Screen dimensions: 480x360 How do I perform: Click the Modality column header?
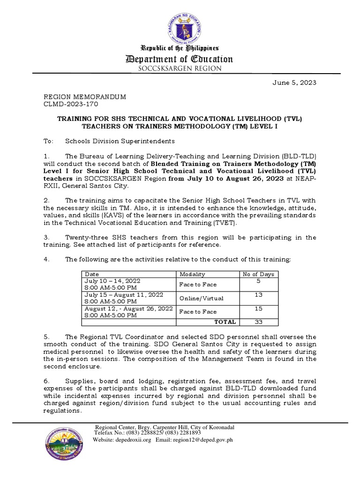[x=192, y=274]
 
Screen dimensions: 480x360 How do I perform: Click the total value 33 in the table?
[x=258, y=322]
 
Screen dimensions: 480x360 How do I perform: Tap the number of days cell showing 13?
[x=258, y=295]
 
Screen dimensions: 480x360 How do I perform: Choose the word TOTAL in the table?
[x=225, y=322]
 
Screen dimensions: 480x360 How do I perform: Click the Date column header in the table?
[x=92, y=274]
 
